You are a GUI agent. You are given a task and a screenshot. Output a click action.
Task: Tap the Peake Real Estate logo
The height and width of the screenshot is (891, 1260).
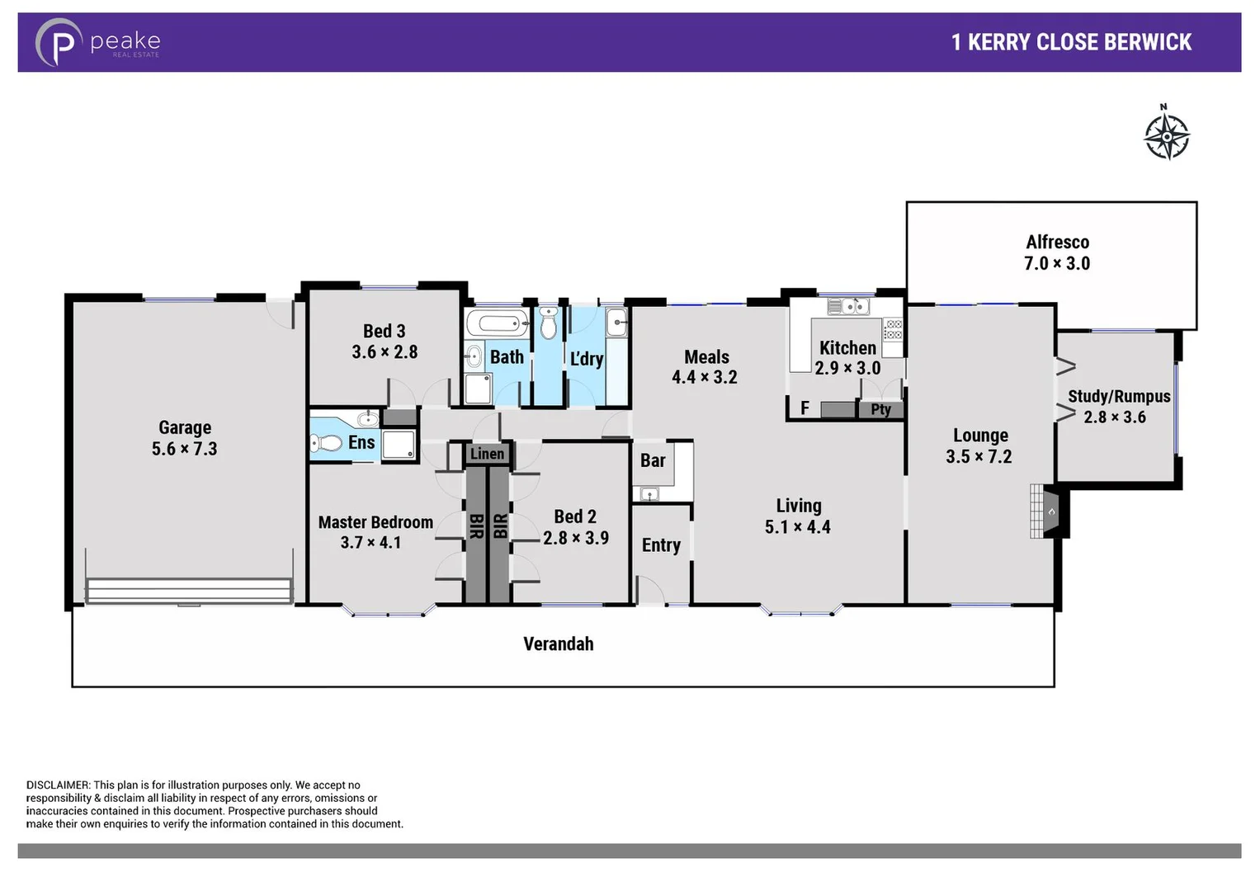(x=97, y=42)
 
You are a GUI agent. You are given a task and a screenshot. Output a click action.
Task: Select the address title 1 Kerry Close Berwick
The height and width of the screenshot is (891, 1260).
(x=1071, y=42)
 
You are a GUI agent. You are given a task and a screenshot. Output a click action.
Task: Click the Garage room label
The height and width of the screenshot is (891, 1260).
(x=185, y=427)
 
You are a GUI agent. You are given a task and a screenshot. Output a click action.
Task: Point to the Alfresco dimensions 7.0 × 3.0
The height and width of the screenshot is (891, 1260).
(x=1057, y=264)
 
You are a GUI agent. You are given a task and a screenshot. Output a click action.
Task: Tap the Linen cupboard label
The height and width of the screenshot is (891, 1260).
(x=487, y=454)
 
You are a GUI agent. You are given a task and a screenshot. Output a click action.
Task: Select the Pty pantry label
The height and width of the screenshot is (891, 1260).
(x=880, y=409)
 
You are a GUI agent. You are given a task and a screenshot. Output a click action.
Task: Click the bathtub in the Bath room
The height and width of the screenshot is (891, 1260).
(x=497, y=323)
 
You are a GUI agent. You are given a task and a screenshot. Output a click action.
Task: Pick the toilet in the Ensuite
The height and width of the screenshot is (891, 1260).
(x=327, y=444)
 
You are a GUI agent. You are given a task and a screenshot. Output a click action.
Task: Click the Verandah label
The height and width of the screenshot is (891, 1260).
(x=559, y=644)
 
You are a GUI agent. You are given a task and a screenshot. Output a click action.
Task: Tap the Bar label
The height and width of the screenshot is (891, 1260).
(x=653, y=460)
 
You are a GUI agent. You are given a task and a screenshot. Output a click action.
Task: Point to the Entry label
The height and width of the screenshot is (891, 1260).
(x=661, y=545)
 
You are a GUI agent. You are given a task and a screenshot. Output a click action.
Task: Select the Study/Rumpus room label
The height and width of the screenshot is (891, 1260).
(x=1119, y=397)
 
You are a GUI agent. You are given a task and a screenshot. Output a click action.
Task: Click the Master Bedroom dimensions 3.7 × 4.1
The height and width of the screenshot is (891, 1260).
(x=370, y=543)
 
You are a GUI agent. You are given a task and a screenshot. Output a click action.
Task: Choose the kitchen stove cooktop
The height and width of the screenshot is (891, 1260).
(x=893, y=330)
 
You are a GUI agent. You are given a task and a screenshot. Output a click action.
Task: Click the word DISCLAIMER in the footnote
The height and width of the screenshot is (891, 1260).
(x=58, y=785)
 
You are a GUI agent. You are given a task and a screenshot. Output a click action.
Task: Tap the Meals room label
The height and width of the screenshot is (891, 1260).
(x=706, y=357)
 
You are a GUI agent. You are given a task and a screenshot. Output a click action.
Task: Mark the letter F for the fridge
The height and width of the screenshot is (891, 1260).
(x=805, y=408)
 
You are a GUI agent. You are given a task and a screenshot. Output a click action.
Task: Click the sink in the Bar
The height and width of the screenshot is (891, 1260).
(x=650, y=495)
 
